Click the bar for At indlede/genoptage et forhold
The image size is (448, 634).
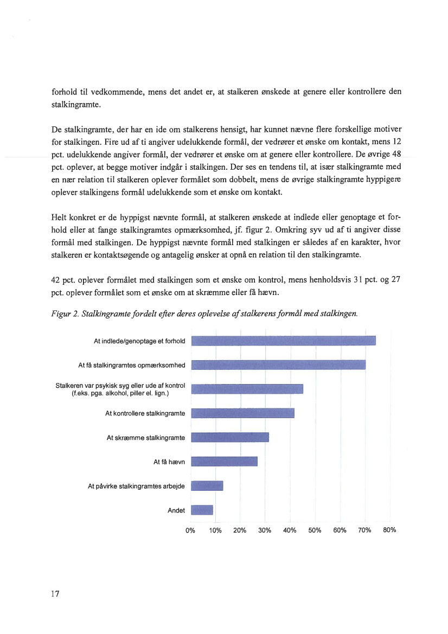coord(284,341)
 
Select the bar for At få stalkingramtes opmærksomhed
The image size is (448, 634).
coord(279,364)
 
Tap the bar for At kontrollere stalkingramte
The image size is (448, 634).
coord(243,413)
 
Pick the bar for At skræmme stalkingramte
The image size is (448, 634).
coord(231,438)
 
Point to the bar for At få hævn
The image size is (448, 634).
coord(225,462)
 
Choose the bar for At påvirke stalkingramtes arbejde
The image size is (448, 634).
coord(207,486)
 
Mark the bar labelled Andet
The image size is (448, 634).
coord(202,510)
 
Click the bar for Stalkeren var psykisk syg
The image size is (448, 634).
coord(247,388)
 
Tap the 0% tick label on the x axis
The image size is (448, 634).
coord(190,530)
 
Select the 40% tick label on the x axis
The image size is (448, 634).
coord(290,530)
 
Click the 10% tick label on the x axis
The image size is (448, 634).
coord(215,530)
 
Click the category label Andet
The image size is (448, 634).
coord(176,510)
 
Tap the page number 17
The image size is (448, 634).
coord(55,594)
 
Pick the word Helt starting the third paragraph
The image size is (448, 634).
coord(60,217)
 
